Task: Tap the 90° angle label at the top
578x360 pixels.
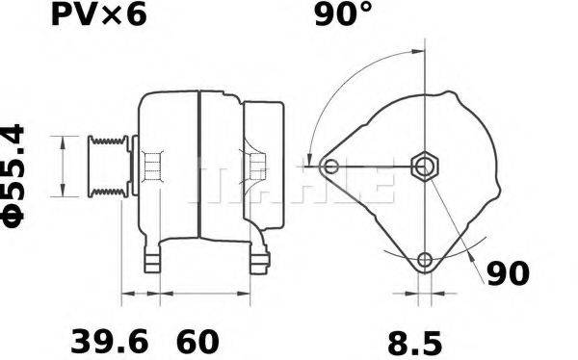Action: (343, 14)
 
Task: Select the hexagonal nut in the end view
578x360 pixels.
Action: (424, 167)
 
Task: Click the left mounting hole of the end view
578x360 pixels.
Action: (331, 168)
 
